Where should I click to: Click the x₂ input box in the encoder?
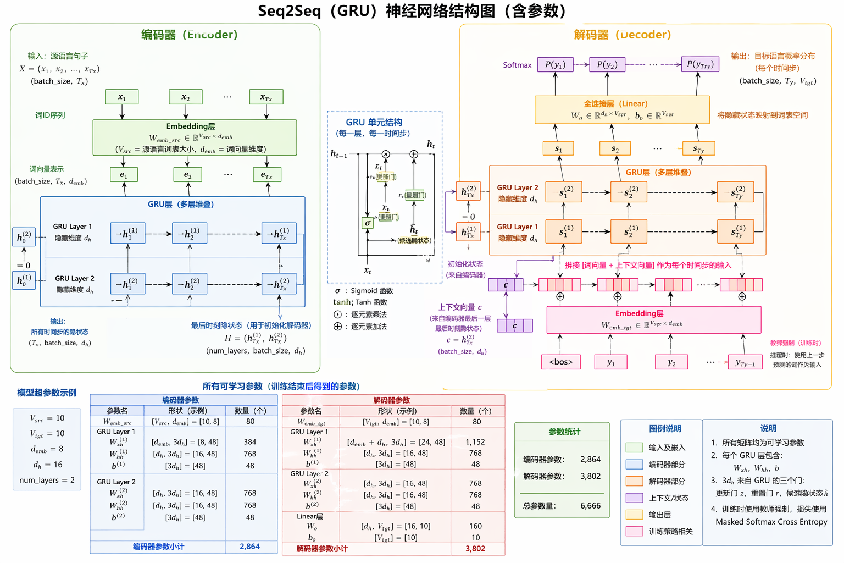pos(186,97)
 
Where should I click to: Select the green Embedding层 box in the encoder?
pos(195,137)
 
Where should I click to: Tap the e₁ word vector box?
pos(123,175)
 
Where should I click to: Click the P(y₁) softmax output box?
pos(555,64)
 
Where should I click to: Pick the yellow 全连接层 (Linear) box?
pos(622,109)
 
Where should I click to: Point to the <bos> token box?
pos(560,362)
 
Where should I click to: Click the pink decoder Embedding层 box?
pos(653,319)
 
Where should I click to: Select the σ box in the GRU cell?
pos(368,223)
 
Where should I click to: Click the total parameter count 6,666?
pos(590,506)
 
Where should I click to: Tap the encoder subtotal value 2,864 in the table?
pos(249,547)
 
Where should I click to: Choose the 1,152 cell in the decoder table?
pos(475,442)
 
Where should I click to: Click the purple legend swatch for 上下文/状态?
pos(634,498)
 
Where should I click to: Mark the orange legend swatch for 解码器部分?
pos(634,481)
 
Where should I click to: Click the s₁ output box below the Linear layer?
pos(558,148)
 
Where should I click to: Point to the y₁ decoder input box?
pos(610,362)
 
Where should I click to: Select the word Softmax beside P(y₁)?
pos(517,65)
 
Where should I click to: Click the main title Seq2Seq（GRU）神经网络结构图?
pos(412,11)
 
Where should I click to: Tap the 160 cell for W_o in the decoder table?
pos(475,526)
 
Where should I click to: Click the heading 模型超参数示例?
pos(47,393)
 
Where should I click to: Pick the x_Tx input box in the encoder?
pos(266,97)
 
